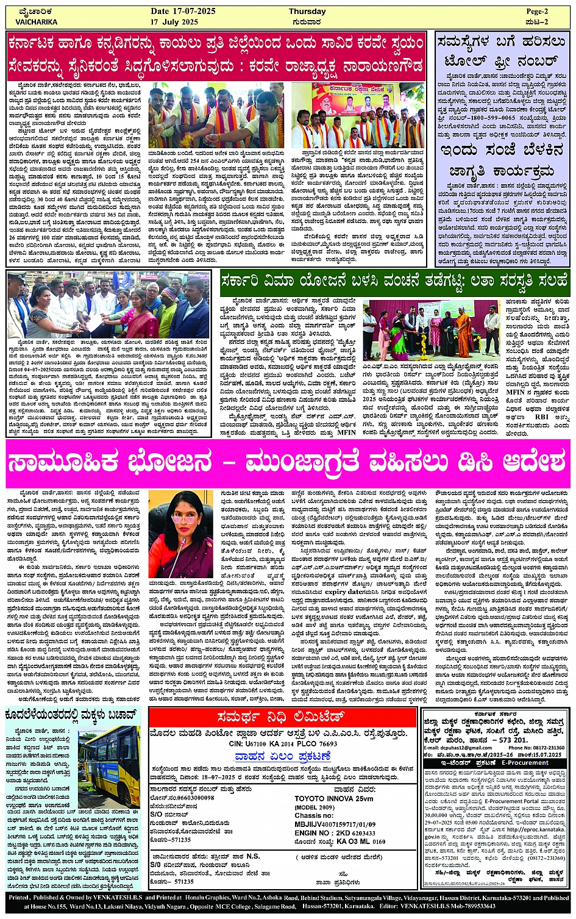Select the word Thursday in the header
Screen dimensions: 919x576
click(307, 12)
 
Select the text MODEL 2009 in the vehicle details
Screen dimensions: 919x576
click(315, 807)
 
